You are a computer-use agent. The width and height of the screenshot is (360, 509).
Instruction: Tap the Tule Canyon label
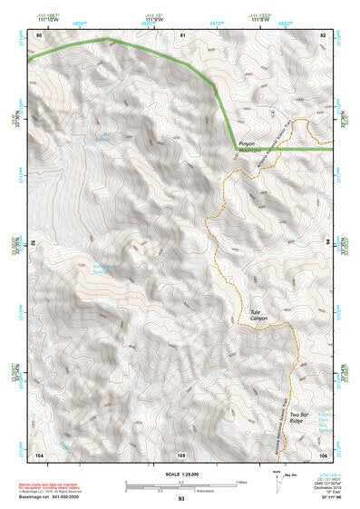261,316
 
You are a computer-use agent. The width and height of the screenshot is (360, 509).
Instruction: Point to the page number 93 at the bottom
181,499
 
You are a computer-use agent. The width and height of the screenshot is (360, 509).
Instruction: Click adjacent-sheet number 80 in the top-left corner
39,34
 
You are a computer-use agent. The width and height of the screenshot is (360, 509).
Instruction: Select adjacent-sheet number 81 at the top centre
182,34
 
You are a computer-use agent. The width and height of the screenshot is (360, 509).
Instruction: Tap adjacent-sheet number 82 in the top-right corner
322,34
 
